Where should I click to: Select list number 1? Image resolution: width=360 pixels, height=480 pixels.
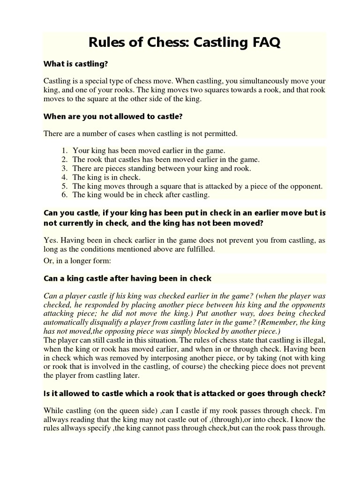64,150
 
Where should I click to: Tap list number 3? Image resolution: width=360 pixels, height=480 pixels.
64,168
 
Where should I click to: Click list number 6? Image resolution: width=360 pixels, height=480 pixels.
64,195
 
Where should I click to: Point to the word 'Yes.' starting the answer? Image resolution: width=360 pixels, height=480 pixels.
51,240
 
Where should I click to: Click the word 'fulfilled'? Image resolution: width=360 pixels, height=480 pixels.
200,249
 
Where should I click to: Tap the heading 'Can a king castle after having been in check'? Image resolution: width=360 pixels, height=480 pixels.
127,278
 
